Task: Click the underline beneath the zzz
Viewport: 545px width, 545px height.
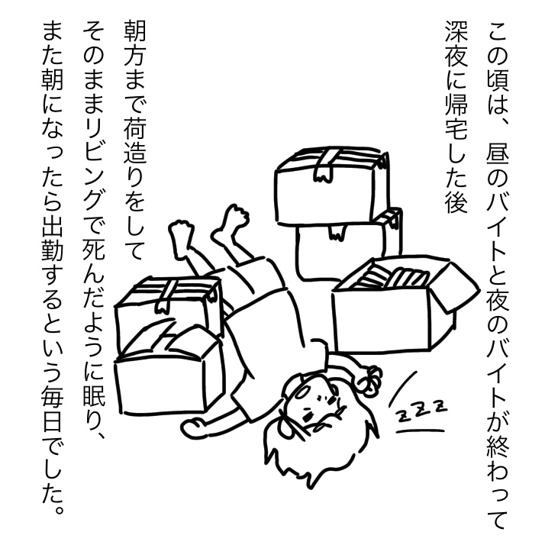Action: coord(421,432)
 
